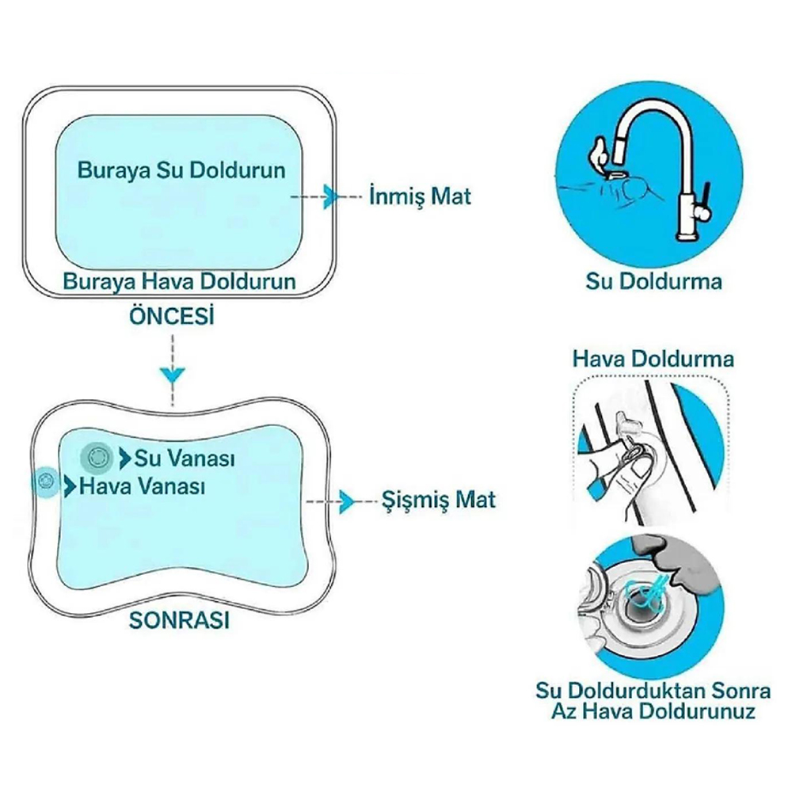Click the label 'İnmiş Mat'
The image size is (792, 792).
(x=420, y=196)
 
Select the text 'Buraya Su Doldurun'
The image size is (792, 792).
(x=181, y=170)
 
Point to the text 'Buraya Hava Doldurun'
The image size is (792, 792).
(x=180, y=281)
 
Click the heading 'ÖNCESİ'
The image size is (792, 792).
(x=172, y=316)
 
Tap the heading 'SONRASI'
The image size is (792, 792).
(x=179, y=620)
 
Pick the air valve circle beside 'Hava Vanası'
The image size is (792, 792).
(x=46, y=481)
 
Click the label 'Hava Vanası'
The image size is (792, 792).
(x=142, y=485)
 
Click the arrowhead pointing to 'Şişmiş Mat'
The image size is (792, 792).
(x=345, y=501)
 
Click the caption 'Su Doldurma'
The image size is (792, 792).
(x=654, y=280)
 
